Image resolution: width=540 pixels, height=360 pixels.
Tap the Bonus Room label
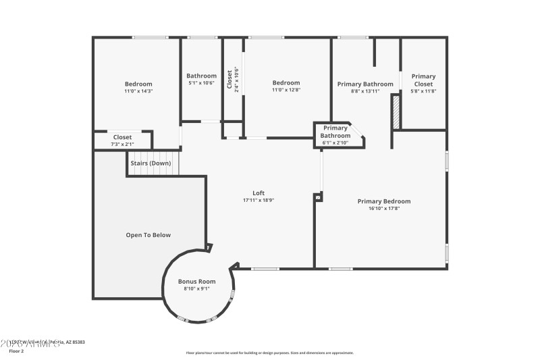[196, 281]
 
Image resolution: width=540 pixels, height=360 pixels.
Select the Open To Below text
[148, 235]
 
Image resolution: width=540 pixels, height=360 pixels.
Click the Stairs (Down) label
[151, 163]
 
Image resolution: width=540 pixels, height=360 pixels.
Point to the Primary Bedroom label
[383, 201]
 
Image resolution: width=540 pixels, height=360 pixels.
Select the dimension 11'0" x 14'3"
[138, 91]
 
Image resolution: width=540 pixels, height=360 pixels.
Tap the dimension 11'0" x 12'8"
[286, 90]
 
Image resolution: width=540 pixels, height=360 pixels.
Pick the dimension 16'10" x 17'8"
[383, 209]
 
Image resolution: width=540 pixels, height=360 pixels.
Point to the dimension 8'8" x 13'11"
[364, 91]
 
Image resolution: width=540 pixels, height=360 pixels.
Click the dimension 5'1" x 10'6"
[201, 83]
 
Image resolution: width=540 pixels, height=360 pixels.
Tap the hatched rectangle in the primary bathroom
[396, 112]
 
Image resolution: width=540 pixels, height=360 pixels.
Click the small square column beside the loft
[318, 197]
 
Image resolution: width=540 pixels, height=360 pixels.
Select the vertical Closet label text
[230, 80]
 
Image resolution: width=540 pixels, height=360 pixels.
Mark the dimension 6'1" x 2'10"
[335, 143]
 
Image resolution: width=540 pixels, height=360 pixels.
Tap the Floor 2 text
[16, 351]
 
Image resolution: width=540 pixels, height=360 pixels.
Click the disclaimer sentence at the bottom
[269, 353]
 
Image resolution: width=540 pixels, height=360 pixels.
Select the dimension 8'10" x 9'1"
[196, 288]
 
